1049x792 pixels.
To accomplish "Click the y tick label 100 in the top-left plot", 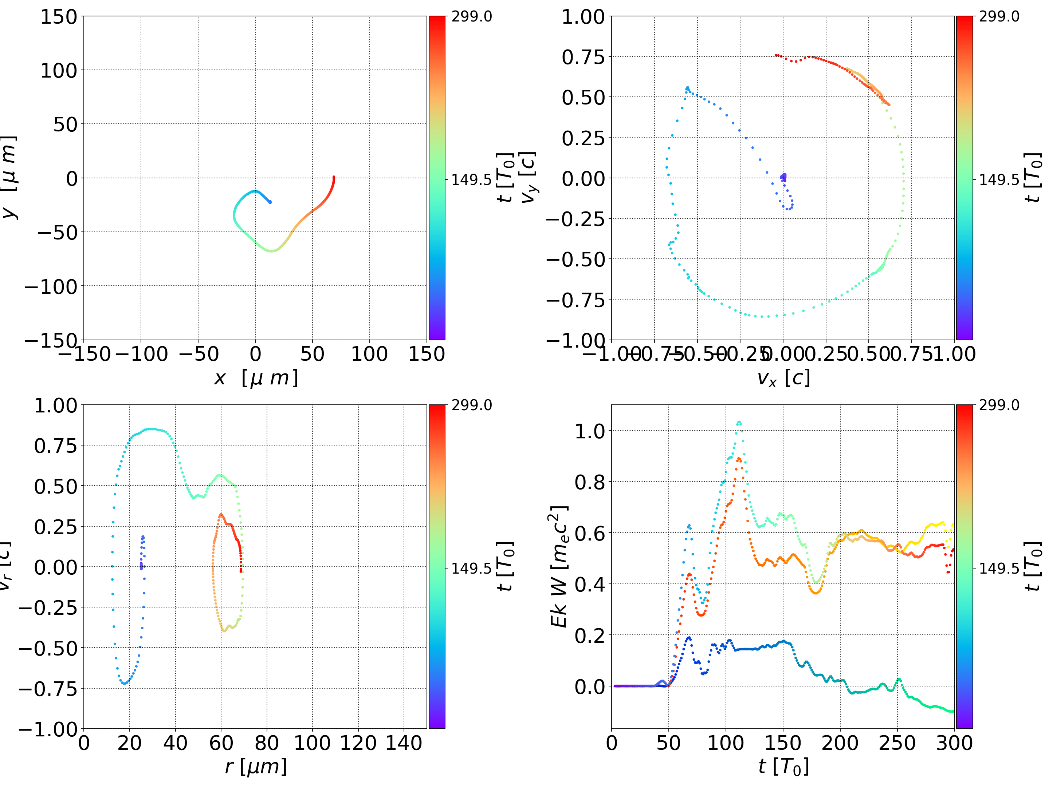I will (x=58, y=71).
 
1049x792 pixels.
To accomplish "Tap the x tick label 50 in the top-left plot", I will (x=312, y=353).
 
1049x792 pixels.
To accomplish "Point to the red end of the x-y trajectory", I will (x=334, y=177).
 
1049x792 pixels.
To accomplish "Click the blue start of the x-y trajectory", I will (x=270, y=202).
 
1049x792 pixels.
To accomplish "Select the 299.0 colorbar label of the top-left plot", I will (x=471, y=17).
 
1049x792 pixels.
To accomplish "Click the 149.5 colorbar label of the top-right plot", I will (x=999, y=180).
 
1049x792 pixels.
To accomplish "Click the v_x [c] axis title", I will (x=783, y=378).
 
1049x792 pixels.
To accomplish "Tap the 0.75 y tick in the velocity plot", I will (x=583, y=57).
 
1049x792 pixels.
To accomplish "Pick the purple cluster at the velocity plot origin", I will (x=783, y=177).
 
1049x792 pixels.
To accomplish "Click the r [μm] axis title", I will (x=256, y=767).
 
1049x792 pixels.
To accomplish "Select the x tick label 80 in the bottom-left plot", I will (x=267, y=743).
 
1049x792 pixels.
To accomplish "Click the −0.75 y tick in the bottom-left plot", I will (x=47, y=689).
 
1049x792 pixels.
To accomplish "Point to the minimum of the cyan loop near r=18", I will (x=124, y=683).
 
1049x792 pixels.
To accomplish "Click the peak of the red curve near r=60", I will (x=220, y=515).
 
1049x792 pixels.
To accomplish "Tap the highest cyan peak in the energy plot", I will (x=739, y=422).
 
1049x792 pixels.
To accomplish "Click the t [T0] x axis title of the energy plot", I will (x=783, y=767).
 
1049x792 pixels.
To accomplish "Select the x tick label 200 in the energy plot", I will (x=840, y=743).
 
